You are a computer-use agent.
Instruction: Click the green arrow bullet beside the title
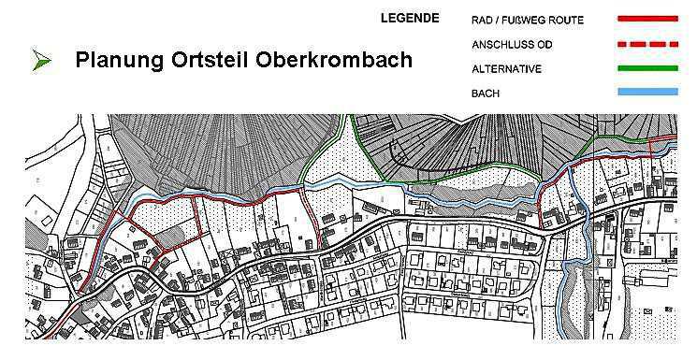[x=41, y=61]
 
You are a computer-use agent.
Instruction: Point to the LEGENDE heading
[x=410, y=18]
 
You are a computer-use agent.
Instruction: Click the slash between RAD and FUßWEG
[x=502, y=19]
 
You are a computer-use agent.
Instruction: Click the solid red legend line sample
[x=647, y=18]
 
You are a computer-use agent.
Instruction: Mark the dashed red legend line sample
[x=647, y=43]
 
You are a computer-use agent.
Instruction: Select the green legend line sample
[x=647, y=67]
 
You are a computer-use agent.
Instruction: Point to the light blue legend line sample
[x=647, y=92]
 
